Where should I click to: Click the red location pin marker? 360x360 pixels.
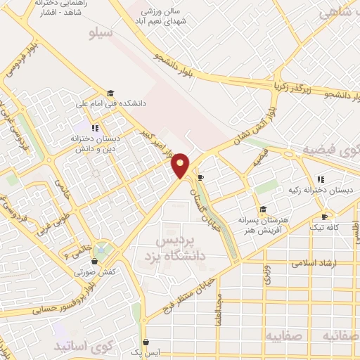tap(181, 165)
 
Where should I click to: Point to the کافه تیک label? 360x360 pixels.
tap(323, 229)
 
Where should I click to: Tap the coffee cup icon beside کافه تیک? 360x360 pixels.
tap(324, 217)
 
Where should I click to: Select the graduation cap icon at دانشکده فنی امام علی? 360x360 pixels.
tap(110, 92)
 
